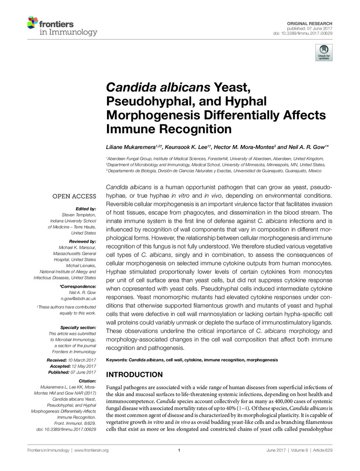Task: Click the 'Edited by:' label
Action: tap(86, 209)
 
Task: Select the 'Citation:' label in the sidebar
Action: tap(86, 381)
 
